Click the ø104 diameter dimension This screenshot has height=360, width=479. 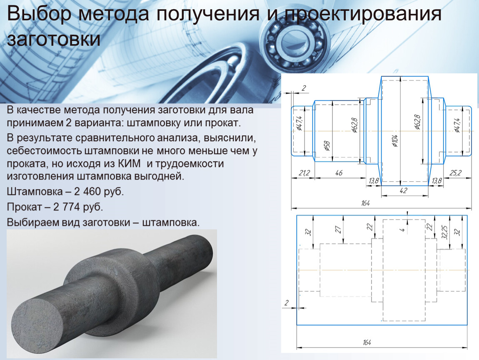[396, 140]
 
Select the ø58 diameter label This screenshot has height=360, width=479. [327, 146]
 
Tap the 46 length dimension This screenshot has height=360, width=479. [339, 173]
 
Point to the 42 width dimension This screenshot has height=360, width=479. [403, 190]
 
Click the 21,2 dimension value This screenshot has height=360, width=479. [304, 173]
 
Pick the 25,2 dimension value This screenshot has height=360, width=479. [455, 173]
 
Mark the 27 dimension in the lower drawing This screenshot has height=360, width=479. [338, 229]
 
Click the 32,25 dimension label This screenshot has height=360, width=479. [445, 232]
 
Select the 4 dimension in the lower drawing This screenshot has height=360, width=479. [403, 229]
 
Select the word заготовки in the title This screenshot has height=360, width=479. [53, 40]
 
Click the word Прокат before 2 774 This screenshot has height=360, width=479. [24, 207]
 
